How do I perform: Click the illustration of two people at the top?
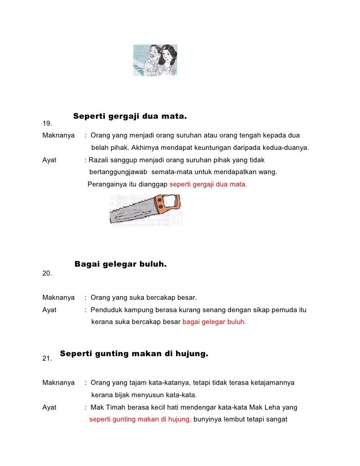click(155, 60)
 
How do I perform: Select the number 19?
click(47, 123)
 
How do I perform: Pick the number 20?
click(47, 273)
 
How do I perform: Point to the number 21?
click(47, 359)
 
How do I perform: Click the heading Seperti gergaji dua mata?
click(130, 117)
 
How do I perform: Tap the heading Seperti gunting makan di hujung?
click(134, 354)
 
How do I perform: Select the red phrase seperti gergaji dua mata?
click(208, 185)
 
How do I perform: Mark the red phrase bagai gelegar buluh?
click(214, 322)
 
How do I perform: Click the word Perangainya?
click(107, 185)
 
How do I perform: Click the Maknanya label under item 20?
click(58, 298)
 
